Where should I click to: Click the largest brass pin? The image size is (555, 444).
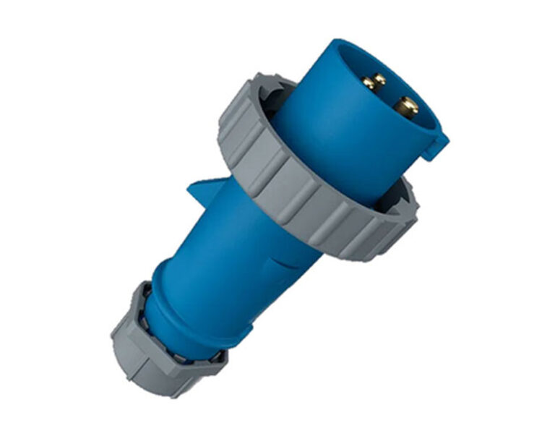click(x=407, y=107)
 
